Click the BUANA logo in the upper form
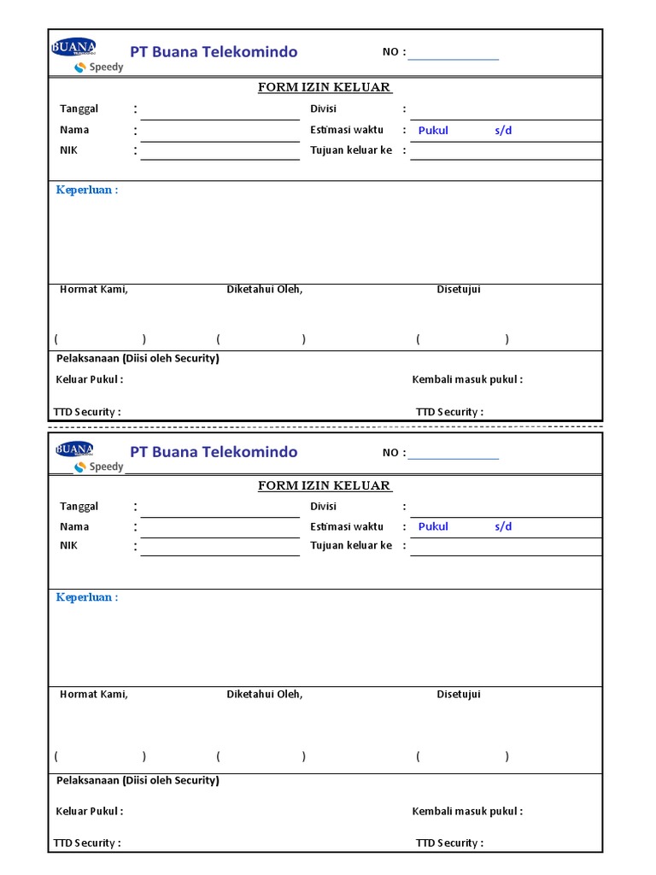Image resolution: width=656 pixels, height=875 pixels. (73, 47)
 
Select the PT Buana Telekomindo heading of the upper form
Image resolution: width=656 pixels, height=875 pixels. (214, 52)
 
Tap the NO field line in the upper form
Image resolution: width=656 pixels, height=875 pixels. (453, 58)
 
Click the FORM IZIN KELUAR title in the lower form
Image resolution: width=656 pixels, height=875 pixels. (325, 486)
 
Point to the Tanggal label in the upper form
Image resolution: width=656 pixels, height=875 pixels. (79, 109)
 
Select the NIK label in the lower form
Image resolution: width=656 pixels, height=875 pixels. (68, 545)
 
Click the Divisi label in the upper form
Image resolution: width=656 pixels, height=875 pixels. (324, 109)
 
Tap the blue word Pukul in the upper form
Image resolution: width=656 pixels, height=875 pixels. (433, 131)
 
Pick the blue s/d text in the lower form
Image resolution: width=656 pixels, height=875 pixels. (503, 526)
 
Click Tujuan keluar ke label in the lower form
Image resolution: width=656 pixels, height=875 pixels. (351, 545)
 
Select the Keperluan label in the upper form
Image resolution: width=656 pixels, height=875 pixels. (86, 190)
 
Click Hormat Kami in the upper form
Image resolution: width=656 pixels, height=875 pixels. (93, 289)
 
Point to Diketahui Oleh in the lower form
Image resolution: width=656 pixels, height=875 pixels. (264, 694)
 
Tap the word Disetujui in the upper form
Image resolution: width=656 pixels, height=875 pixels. (459, 289)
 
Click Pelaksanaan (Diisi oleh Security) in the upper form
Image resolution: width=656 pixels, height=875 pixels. (138, 358)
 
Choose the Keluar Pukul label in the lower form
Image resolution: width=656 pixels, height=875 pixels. (90, 811)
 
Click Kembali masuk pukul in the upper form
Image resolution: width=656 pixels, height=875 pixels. (467, 379)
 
